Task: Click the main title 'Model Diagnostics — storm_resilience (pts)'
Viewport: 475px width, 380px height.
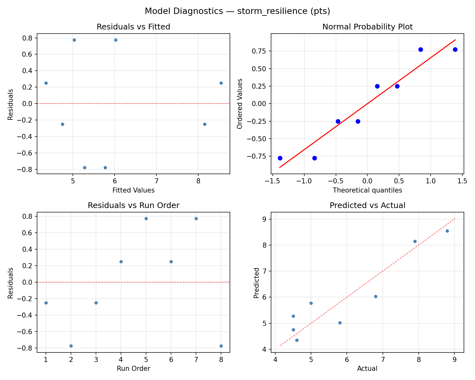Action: [x=237, y=11]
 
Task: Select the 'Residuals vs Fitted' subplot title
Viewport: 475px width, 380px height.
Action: [x=133, y=27]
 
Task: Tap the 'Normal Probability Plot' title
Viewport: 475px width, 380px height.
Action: [x=367, y=27]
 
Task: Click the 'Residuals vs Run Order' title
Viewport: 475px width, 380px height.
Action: [x=133, y=206]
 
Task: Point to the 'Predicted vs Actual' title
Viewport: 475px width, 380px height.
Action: [x=367, y=206]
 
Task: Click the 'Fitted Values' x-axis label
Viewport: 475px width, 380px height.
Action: [x=133, y=190]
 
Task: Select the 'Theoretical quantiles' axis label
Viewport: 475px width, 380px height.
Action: [x=367, y=190]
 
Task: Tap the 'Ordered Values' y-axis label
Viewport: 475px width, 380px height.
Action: [x=240, y=104]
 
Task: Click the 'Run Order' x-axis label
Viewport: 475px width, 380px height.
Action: [x=133, y=369]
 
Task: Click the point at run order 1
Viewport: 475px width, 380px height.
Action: [x=46, y=303]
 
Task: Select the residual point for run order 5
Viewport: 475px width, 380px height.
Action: [x=146, y=218]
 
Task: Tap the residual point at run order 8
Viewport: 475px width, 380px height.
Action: [x=221, y=346]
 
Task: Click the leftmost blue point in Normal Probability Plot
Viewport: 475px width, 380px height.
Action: [x=280, y=158]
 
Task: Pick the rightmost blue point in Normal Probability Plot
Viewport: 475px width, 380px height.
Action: [x=455, y=49]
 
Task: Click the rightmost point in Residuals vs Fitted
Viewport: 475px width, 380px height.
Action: [x=221, y=83]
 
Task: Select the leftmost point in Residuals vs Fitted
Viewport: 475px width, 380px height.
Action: [x=46, y=83]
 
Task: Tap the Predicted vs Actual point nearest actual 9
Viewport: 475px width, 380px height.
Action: [x=447, y=231]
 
